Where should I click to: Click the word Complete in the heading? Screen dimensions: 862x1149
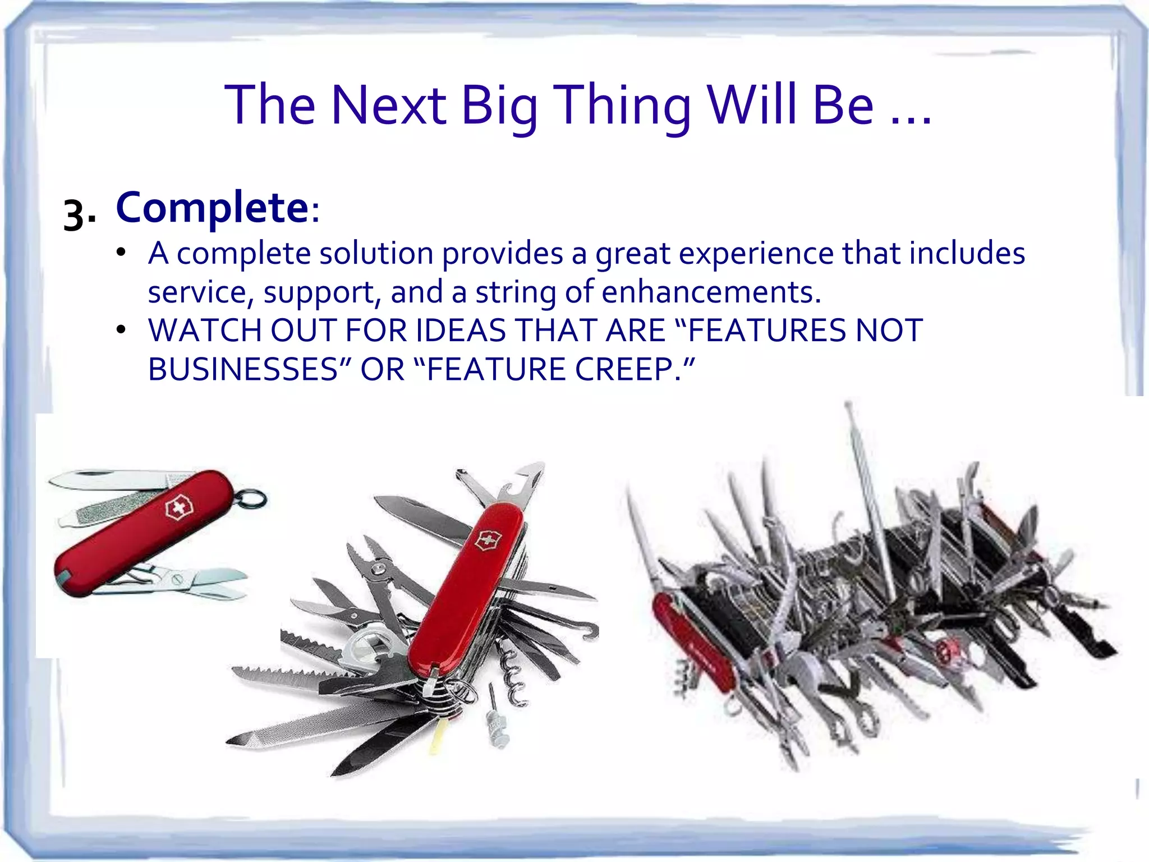pyautogui.click(x=212, y=208)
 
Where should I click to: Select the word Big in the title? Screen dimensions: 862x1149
pyautogui.click(x=499, y=105)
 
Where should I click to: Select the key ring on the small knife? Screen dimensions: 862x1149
pyautogui.click(x=254, y=499)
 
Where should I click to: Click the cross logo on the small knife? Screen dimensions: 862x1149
pyautogui.click(x=178, y=508)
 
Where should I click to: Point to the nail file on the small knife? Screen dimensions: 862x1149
pyautogui.click(x=107, y=512)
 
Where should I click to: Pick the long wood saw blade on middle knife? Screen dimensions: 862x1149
pyautogui.click(x=292, y=676)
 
